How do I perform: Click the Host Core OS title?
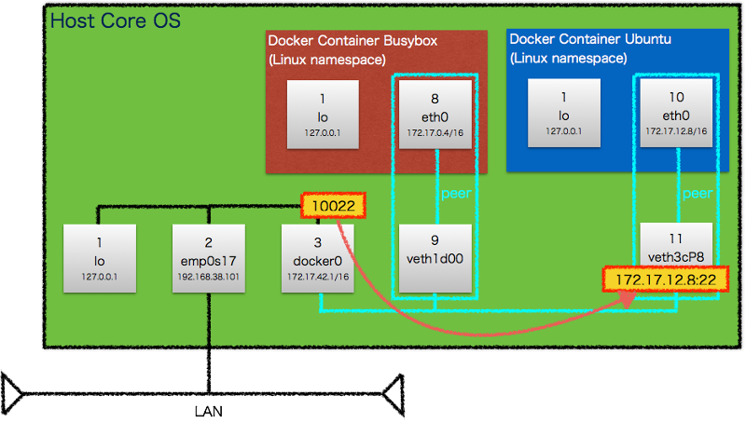116,20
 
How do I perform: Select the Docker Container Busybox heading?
352,41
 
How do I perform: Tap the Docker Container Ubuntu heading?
591,40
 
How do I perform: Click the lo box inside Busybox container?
323,114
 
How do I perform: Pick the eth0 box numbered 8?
435,114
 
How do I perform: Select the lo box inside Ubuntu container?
564,114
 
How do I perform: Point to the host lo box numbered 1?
99,258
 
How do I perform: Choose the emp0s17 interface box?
209,258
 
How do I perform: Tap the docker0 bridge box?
319,258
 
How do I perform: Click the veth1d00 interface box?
435,258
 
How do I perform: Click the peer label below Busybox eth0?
456,195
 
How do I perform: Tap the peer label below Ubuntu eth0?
698,195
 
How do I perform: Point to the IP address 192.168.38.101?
209,277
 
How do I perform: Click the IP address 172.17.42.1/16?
319,277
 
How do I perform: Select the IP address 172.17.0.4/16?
435,132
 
